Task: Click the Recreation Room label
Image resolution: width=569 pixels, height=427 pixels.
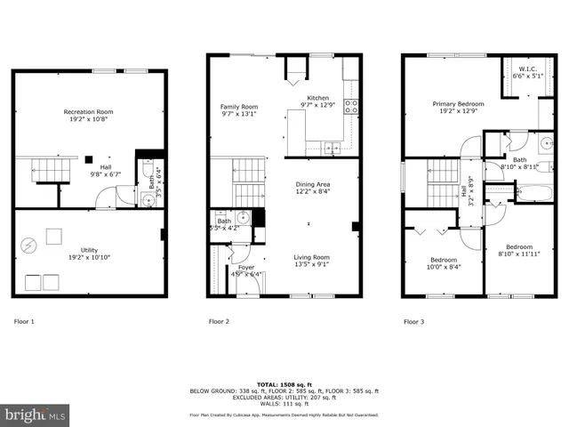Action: pos(88,112)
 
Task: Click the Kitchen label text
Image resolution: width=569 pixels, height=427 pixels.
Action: pos(318,98)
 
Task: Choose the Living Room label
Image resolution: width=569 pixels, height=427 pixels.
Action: pos(312,257)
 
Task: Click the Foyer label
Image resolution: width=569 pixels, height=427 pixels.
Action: pos(245,267)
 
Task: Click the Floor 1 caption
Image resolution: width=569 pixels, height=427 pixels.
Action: pos(24,321)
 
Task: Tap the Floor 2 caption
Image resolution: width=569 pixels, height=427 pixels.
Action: pos(219,321)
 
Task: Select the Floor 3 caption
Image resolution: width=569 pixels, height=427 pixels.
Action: pos(414,321)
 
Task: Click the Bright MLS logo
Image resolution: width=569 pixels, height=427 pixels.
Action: pos(36,415)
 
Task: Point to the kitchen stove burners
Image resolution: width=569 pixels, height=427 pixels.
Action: pos(351,108)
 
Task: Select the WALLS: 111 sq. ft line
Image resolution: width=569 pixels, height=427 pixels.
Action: pos(284,404)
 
